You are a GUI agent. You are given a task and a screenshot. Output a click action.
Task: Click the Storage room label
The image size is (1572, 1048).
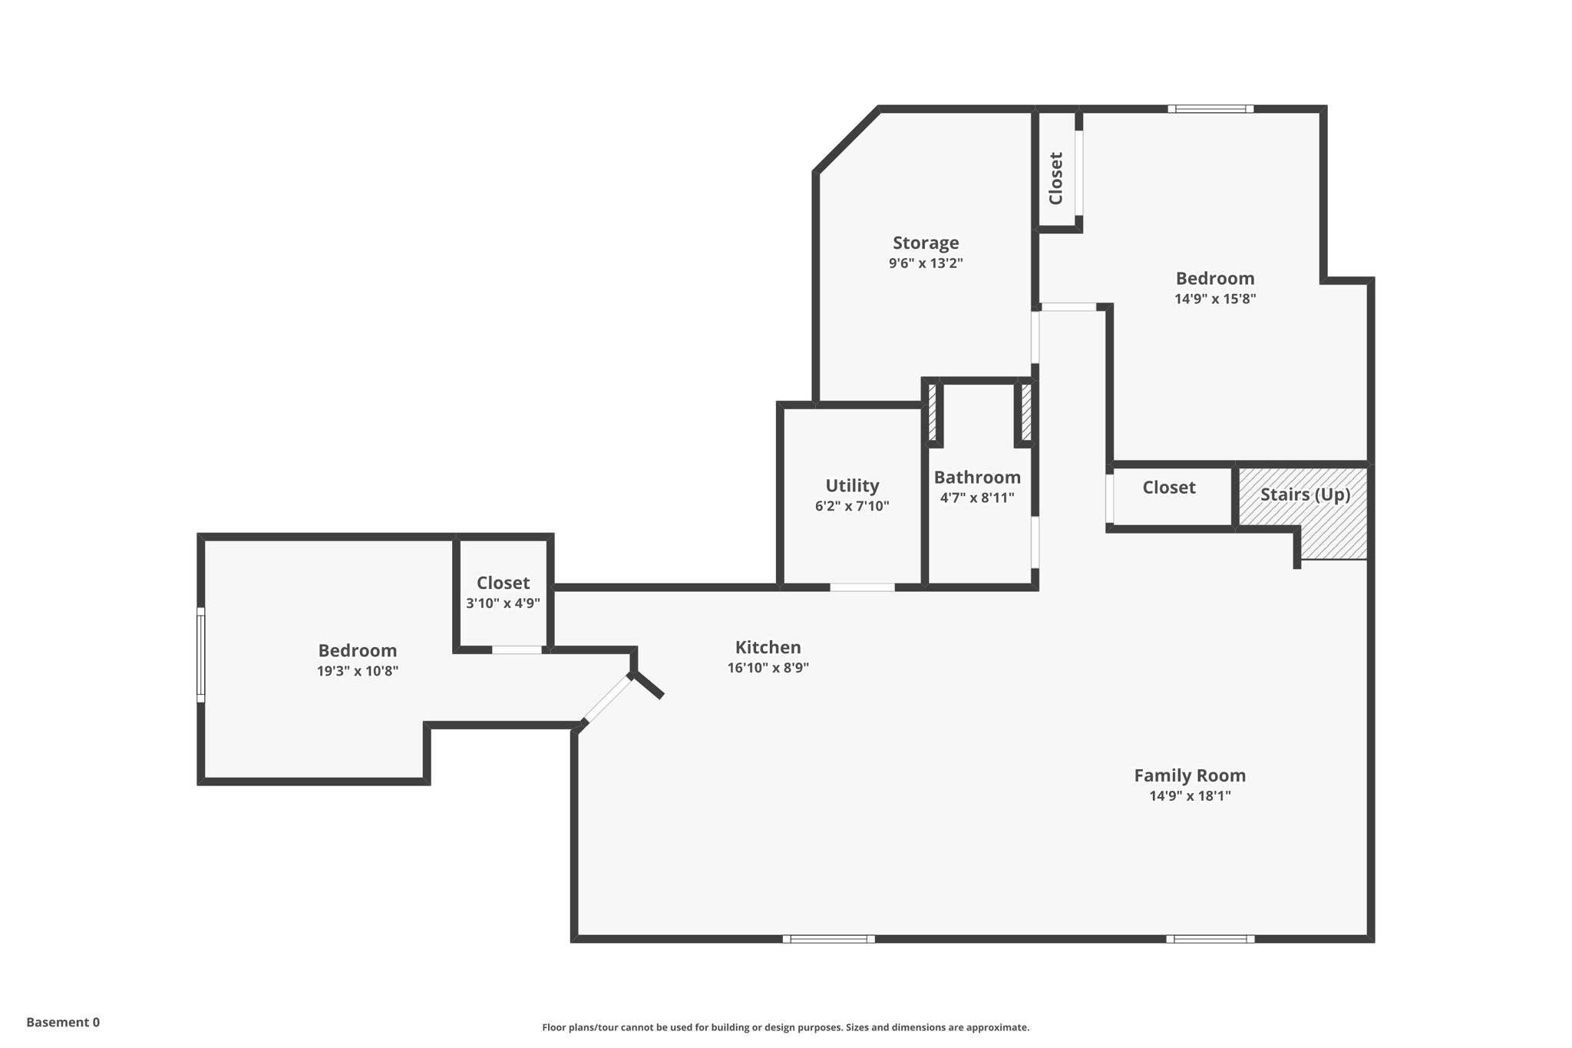pyautogui.click(x=925, y=243)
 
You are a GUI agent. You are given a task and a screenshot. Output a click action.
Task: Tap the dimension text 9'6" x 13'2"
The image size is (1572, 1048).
pyautogui.click(x=925, y=263)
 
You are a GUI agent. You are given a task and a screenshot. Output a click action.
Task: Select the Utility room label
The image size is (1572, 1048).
pyautogui.click(x=851, y=485)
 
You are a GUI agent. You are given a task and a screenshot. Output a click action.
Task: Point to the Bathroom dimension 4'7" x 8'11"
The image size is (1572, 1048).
pyautogui.click(x=976, y=498)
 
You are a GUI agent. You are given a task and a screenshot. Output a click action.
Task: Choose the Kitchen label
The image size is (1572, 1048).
pyautogui.click(x=768, y=647)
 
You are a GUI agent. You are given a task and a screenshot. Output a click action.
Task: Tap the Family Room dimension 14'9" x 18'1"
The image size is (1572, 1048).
pyautogui.click(x=1189, y=796)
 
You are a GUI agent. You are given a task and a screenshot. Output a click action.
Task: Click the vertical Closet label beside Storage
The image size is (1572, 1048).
pyautogui.click(x=1056, y=178)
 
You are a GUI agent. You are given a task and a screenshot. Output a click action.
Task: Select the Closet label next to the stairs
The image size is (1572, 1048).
pyautogui.click(x=1168, y=488)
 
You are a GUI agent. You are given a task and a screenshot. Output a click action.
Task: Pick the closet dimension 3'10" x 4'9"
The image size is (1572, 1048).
pyautogui.click(x=503, y=603)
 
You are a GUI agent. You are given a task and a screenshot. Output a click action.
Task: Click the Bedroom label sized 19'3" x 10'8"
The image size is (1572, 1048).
pyautogui.click(x=357, y=650)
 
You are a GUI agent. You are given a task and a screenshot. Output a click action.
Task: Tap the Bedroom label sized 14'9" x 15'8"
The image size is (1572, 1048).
pyautogui.click(x=1214, y=278)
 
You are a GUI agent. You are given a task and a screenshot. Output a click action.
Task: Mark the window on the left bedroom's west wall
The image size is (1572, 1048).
pyautogui.click(x=201, y=654)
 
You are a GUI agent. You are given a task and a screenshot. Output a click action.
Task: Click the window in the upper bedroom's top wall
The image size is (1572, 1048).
pyautogui.click(x=1210, y=109)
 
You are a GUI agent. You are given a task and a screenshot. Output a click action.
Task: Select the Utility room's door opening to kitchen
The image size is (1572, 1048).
pyautogui.click(x=862, y=587)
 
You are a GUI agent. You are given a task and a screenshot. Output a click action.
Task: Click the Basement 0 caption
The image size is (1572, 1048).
pyautogui.click(x=63, y=1022)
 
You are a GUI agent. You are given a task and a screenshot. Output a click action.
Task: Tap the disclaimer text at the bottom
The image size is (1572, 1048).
pyautogui.click(x=785, y=1027)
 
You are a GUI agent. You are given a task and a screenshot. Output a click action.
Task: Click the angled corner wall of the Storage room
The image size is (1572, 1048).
pyautogui.click(x=847, y=141)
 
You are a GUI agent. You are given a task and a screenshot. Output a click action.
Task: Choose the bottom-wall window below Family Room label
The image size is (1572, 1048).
pyautogui.click(x=1210, y=938)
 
